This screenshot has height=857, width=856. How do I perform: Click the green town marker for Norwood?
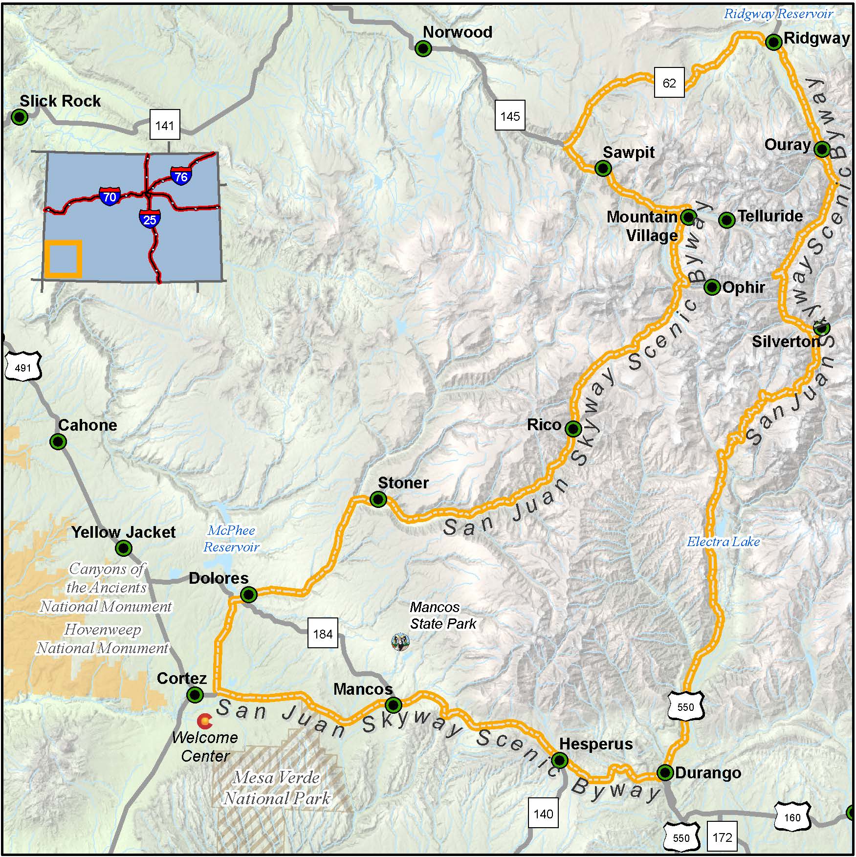423,48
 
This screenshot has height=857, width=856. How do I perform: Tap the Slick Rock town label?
60,101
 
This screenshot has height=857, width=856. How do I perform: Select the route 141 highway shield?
164,125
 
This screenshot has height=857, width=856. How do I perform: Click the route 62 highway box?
669,83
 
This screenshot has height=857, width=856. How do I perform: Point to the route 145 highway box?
510,116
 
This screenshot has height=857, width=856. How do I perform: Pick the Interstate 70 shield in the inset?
110,197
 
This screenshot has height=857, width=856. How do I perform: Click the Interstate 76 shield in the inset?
181,176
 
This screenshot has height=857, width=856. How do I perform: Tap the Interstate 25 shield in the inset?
150,220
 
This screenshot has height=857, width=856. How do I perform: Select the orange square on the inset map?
64,259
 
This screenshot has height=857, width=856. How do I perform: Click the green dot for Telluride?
727,220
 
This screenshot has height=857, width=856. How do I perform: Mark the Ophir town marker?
712,287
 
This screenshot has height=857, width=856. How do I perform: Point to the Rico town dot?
573,429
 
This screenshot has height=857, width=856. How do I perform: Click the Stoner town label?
403,483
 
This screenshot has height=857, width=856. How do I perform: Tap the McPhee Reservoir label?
231,538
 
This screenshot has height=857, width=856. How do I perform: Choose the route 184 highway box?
323,634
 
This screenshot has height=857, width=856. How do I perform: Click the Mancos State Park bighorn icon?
401,642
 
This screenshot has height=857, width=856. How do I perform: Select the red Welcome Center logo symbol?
204,721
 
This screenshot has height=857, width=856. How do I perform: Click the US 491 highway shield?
23,368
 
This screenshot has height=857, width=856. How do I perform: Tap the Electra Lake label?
723,542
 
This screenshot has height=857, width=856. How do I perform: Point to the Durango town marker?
665,773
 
